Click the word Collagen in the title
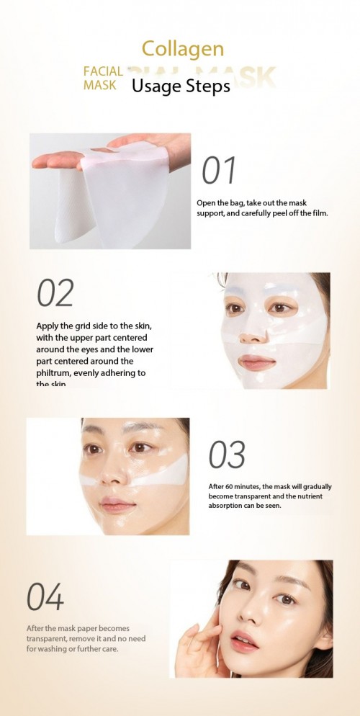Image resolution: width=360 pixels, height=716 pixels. (x=183, y=49)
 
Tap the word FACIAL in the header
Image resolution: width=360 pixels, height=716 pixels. (x=104, y=72)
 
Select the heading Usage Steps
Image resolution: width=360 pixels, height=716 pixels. (x=181, y=86)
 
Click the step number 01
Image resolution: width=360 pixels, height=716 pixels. (x=219, y=171)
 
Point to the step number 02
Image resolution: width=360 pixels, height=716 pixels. (x=55, y=293)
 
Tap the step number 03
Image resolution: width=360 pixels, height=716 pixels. (x=227, y=455)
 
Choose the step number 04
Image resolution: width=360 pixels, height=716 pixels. (x=45, y=599)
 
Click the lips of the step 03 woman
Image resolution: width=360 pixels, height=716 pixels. (x=117, y=504)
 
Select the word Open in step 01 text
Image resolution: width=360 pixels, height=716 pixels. (x=207, y=203)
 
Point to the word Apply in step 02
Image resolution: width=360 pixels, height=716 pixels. (x=49, y=326)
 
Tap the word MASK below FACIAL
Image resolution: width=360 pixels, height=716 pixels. (x=99, y=85)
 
